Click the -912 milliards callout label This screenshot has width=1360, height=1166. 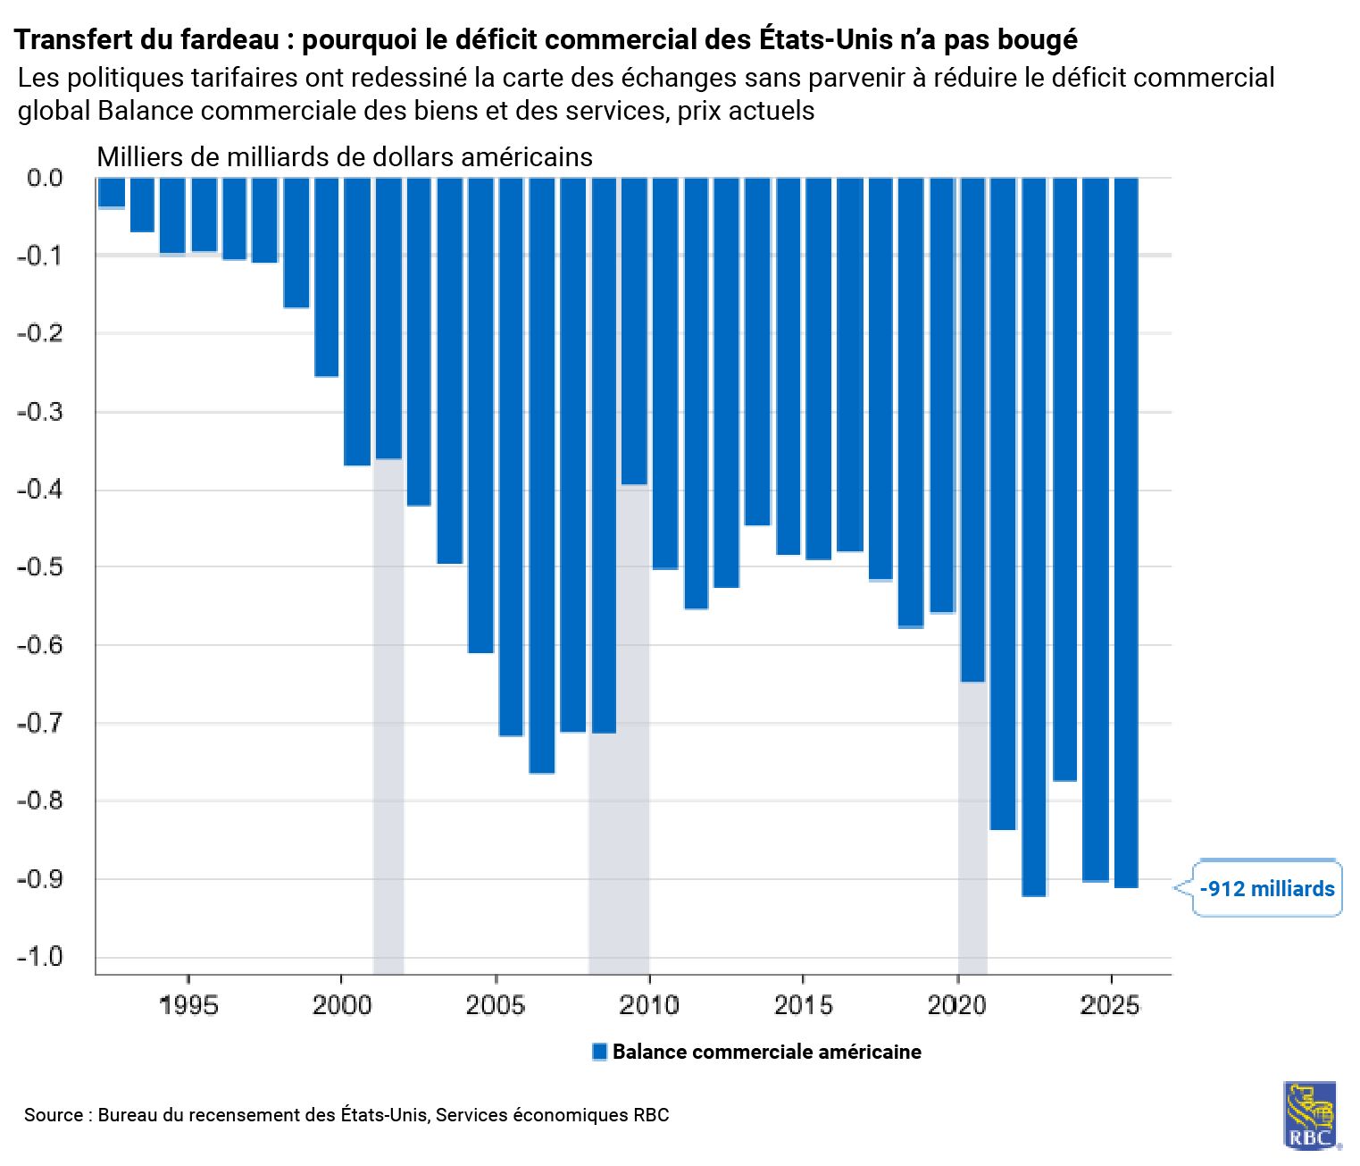click(x=1266, y=888)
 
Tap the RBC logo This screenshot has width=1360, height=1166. click(x=1310, y=1116)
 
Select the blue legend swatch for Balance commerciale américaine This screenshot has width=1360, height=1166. click(x=600, y=1052)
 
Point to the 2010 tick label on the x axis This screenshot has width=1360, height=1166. click(x=649, y=1005)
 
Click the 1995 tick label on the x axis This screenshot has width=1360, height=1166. click(x=188, y=1005)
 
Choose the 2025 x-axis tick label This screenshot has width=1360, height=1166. click(x=1110, y=1005)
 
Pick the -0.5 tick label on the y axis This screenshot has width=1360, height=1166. click(x=40, y=567)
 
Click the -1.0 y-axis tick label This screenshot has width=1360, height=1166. click(x=40, y=957)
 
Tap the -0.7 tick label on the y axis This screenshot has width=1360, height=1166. click(x=40, y=723)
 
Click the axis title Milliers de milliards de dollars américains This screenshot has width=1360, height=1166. click(x=345, y=157)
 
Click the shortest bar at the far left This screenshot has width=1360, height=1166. click(x=112, y=193)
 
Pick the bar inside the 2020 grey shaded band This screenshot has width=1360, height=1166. click(x=972, y=429)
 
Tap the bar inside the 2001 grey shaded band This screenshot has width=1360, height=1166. click(x=388, y=318)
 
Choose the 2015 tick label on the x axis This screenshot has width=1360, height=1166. click(x=803, y=1005)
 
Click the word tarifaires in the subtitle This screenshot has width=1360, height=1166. click(x=245, y=78)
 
